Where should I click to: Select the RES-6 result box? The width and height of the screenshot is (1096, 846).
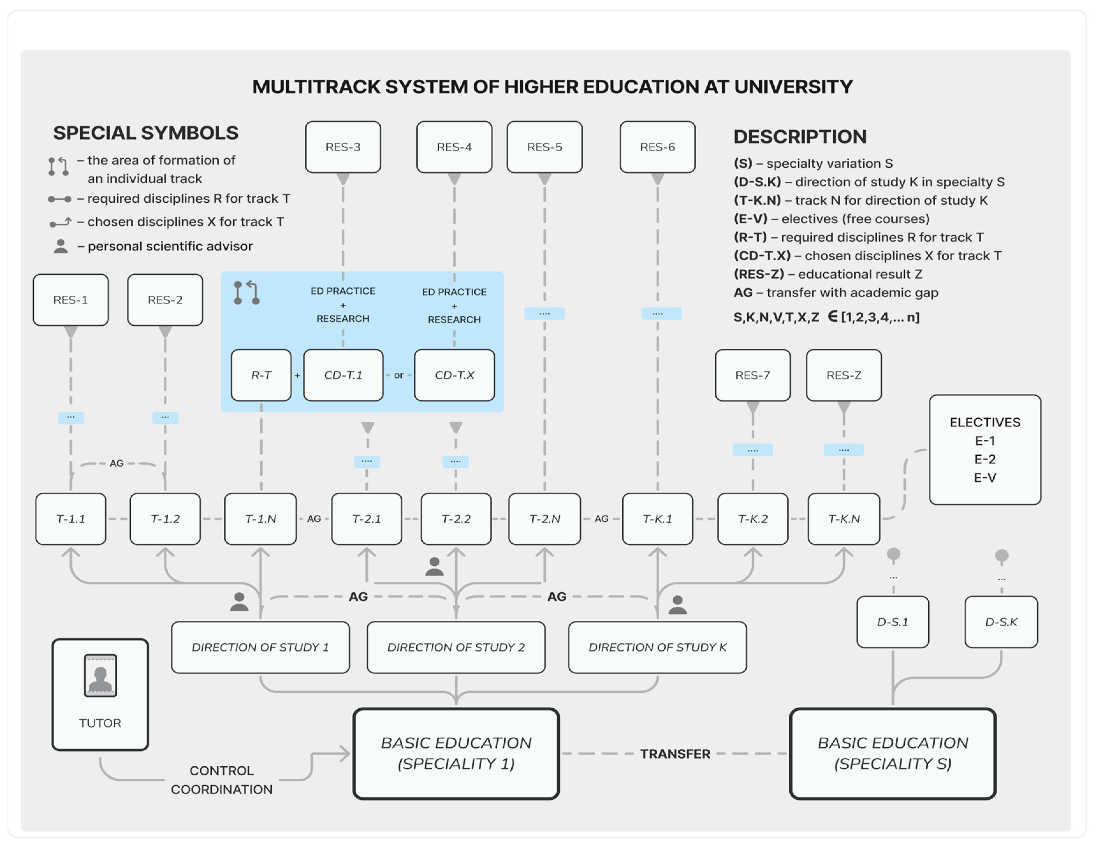pyautogui.click(x=657, y=147)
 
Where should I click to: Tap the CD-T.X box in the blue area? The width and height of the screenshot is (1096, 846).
pyautogui.click(x=454, y=375)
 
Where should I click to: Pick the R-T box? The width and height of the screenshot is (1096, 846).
pyautogui.click(x=261, y=375)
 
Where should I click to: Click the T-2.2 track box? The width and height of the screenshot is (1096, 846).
pyautogui.click(x=456, y=518)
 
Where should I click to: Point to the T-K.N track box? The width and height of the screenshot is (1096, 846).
pyautogui.click(x=844, y=518)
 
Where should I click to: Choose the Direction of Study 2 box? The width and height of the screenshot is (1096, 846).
pyautogui.click(x=456, y=647)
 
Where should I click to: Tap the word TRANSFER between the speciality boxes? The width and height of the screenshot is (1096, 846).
pyautogui.click(x=675, y=754)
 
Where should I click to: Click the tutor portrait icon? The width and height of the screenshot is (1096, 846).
pyautogui.click(x=100, y=676)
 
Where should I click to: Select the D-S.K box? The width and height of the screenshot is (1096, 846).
pyautogui.click(x=1001, y=622)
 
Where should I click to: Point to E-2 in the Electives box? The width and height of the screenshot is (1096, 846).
pyautogui.click(x=985, y=459)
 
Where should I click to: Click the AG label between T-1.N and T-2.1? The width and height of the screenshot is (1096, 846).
pyautogui.click(x=314, y=518)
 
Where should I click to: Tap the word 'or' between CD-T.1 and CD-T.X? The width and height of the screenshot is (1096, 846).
pyautogui.click(x=398, y=375)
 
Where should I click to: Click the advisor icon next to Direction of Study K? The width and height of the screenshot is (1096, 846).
pyautogui.click(x=677, y=605)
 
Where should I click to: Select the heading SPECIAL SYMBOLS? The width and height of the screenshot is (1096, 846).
pyautogui.click(x=146, y=133)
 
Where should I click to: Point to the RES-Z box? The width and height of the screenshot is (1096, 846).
pyautogui.click(x=844, y=375)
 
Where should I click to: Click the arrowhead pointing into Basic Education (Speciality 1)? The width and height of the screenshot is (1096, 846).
pyautogui.click(x=345, y=753)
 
